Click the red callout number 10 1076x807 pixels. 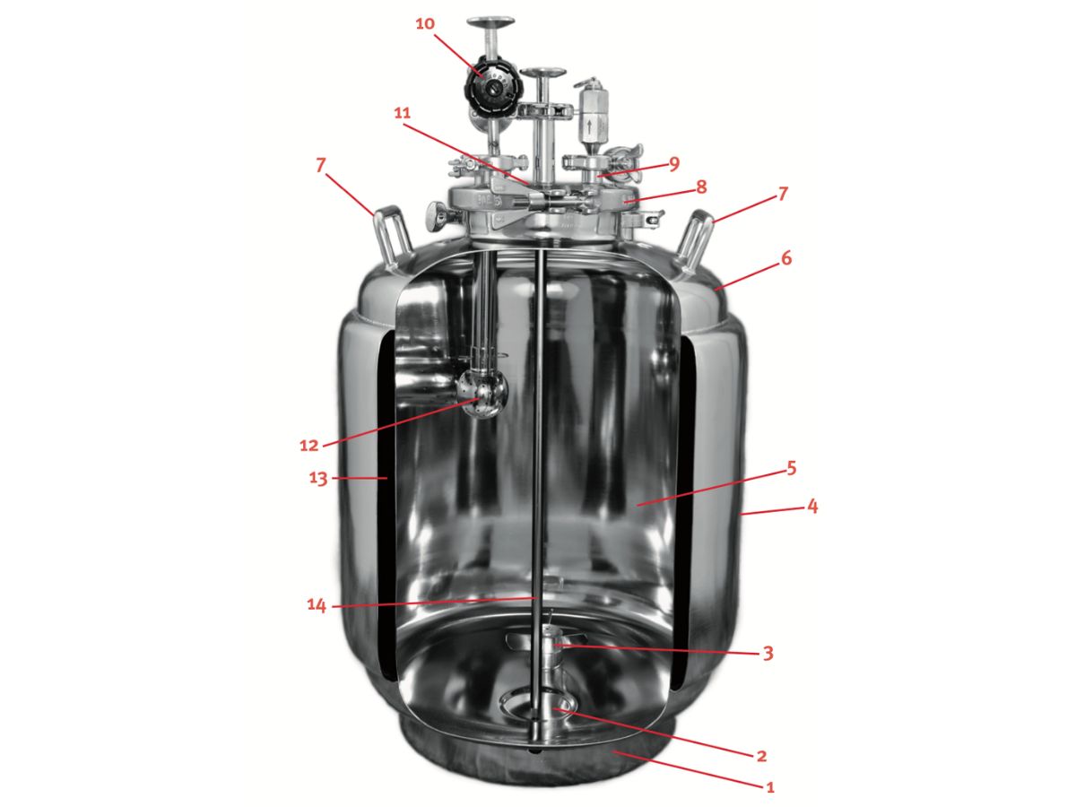(425, 23)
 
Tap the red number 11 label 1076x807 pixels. (402, 113)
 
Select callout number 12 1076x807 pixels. (308, 445)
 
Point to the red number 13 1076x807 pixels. (317, 478)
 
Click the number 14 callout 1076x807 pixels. (317, 605)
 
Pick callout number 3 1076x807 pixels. (768, 653)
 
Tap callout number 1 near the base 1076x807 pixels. (770, 787)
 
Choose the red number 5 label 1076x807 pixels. (791, 468)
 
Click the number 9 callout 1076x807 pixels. (674, 164)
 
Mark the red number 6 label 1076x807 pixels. (786, 257)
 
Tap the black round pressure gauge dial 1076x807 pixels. (493, 88)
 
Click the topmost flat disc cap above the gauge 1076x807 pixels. (490, 22)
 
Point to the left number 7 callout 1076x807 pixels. (321, 166)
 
